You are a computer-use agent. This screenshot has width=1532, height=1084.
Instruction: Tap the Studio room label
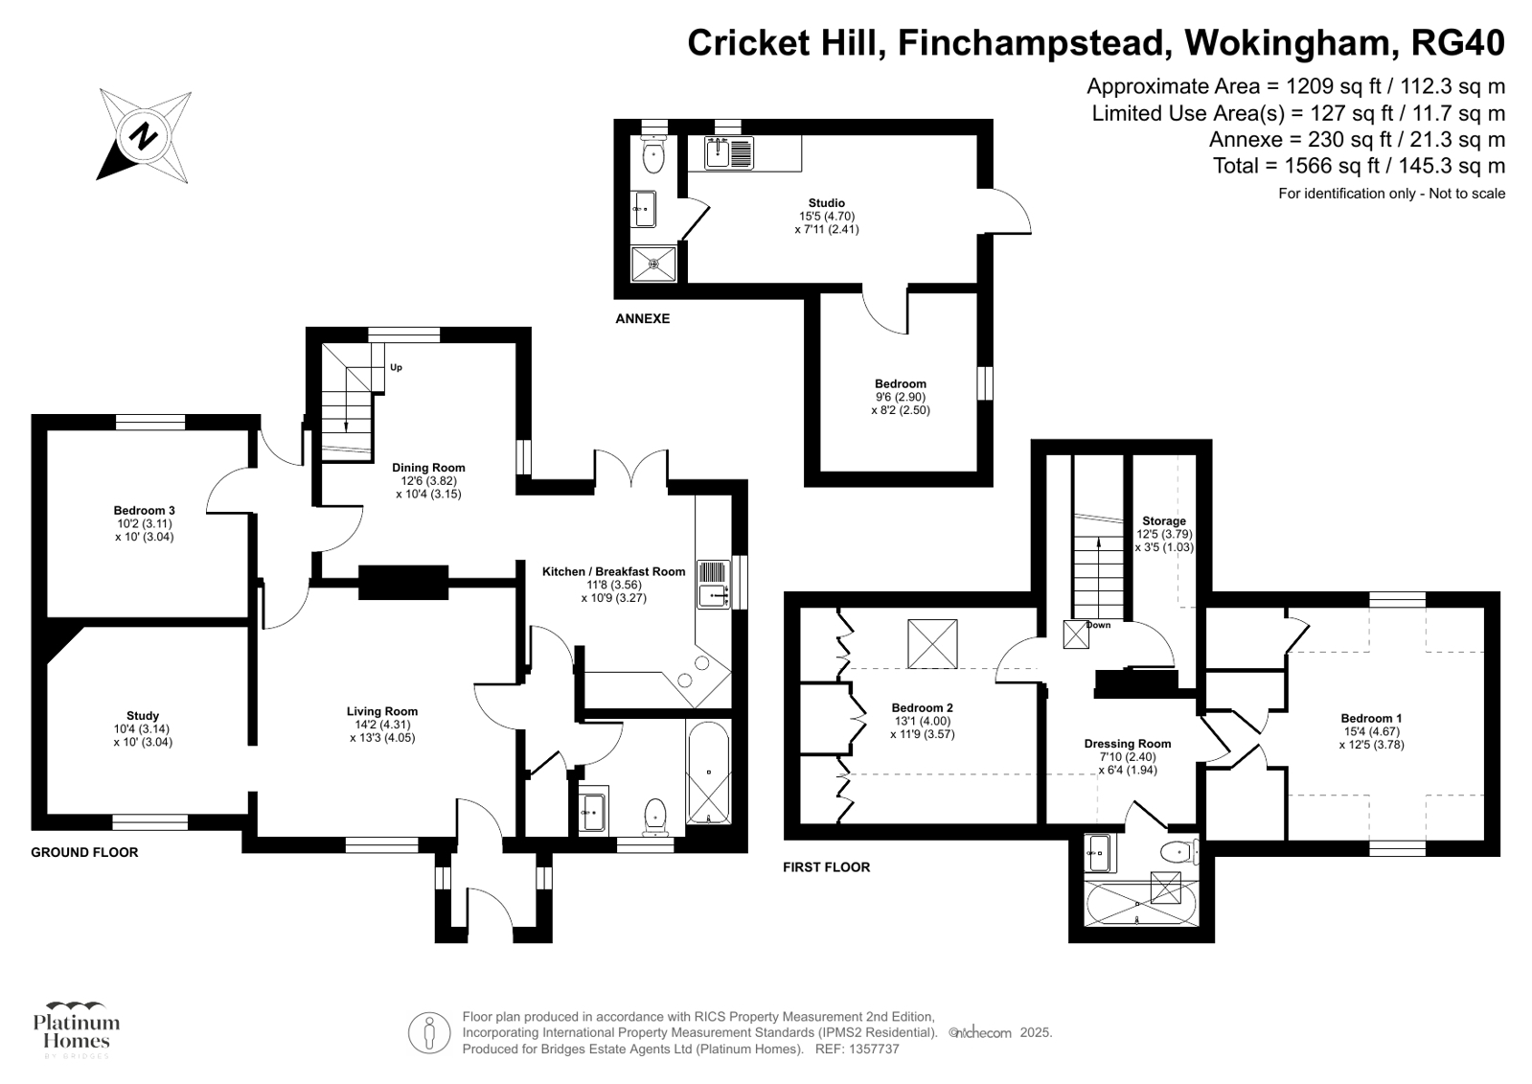(x=826, y=203)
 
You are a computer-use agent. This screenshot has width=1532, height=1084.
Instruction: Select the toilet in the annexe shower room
(x=653, y=157)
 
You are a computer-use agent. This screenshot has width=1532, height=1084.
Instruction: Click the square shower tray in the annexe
(x=654, y=263)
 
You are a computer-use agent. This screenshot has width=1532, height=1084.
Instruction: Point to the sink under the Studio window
(x=729, y=152)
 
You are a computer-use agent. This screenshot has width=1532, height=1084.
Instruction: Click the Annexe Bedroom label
(x=900, y=384)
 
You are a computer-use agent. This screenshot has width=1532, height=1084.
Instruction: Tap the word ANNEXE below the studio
(x=642, y=318)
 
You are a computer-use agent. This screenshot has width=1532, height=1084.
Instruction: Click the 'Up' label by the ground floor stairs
(x=396, y=367)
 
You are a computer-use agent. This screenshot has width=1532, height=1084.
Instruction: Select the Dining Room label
(x=428, y=468)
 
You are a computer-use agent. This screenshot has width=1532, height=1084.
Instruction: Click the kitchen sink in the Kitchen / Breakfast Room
(x=714, y=584)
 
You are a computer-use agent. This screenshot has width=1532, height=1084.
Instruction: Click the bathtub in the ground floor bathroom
(x=708, y=773)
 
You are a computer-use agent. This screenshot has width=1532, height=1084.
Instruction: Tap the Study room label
(x=143, y=716)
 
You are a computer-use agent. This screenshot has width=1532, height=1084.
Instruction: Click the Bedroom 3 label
(x=144, y=511)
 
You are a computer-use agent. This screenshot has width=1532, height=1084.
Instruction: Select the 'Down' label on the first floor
(x=1099, y=625)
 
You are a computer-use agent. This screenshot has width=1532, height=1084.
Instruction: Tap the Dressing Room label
(x=1127, y=744)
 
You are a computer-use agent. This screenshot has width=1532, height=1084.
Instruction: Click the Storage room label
(x=1163, y=521)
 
